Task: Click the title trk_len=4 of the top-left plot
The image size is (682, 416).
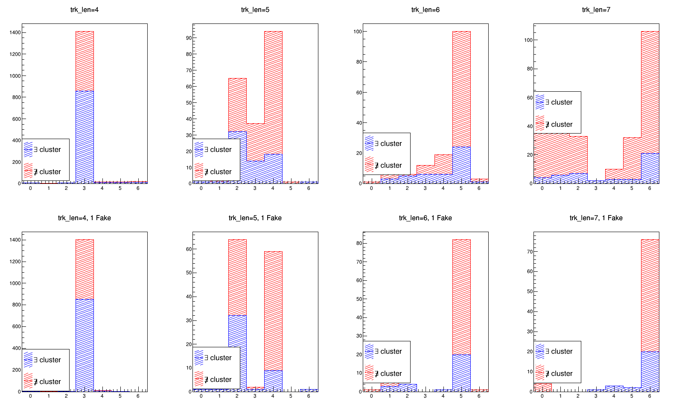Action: pyautogui.click(x=85, y=10)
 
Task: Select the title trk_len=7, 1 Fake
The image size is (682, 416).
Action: pyautogui.click(x=596, y=218)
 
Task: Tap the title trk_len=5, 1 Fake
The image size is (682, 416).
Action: pyautogui.click(x=255, y=218)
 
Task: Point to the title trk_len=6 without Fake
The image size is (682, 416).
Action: pyautogui.click(x=425, y=10)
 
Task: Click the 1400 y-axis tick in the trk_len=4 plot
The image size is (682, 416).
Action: pyautogui.click(x=15, y=32)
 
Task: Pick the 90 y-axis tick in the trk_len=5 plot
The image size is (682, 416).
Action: pyautogui.click(x=189, y=38)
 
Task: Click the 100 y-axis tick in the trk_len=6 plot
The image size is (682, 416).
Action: pyautogui.click(x=358, y=32)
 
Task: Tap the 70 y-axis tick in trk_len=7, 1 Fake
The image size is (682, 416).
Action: pyautogui.click(x=530, y=252)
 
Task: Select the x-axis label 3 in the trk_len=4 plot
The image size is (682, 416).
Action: pyautogui.click(x=85, y=188)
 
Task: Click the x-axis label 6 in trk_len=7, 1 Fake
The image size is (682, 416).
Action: pyautogui.click(x=650, y=396)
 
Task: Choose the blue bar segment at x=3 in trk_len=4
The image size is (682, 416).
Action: pyautogui.click(x=85, y=137)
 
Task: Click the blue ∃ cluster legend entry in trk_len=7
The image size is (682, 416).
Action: pyautogui.click(x=555, y=102)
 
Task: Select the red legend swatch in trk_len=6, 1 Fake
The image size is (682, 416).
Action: pyautogui.click(x=369, y=373)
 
